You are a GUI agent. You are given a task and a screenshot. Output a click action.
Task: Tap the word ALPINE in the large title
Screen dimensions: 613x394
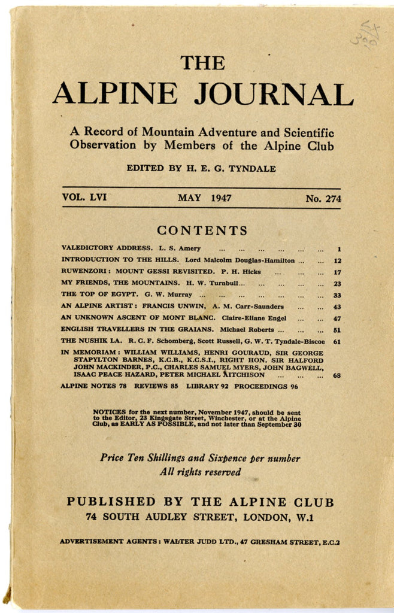tap(115, 94)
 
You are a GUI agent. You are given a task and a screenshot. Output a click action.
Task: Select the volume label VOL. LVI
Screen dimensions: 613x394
tap(84, 198)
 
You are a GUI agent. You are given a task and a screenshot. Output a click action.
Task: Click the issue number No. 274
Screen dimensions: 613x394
tap(323, 198)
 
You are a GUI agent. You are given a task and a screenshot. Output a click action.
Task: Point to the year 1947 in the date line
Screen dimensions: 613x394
tap(221, 198)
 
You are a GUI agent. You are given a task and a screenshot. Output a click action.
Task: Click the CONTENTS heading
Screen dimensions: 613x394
tap(202, 230)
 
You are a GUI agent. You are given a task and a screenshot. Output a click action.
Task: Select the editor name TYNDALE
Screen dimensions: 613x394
tap(254, 169)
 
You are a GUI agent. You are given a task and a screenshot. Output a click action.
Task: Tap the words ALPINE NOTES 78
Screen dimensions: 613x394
tap(93, 386)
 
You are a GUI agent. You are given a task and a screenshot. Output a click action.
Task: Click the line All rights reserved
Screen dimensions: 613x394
tap(200, 472)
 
